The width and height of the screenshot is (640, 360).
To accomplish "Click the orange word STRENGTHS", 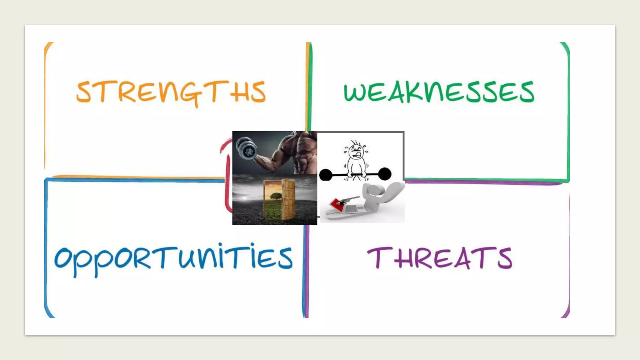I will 171,92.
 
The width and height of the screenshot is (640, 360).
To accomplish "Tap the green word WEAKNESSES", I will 439,92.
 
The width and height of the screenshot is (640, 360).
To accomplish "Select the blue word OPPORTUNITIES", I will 173,258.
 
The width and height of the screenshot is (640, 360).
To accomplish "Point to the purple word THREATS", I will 440,258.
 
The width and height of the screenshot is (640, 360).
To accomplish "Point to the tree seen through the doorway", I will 276,196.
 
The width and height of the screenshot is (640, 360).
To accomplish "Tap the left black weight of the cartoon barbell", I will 325,174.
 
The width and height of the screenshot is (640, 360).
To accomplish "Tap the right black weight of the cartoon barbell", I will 385,173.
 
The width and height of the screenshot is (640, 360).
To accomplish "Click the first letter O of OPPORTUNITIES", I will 64,258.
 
